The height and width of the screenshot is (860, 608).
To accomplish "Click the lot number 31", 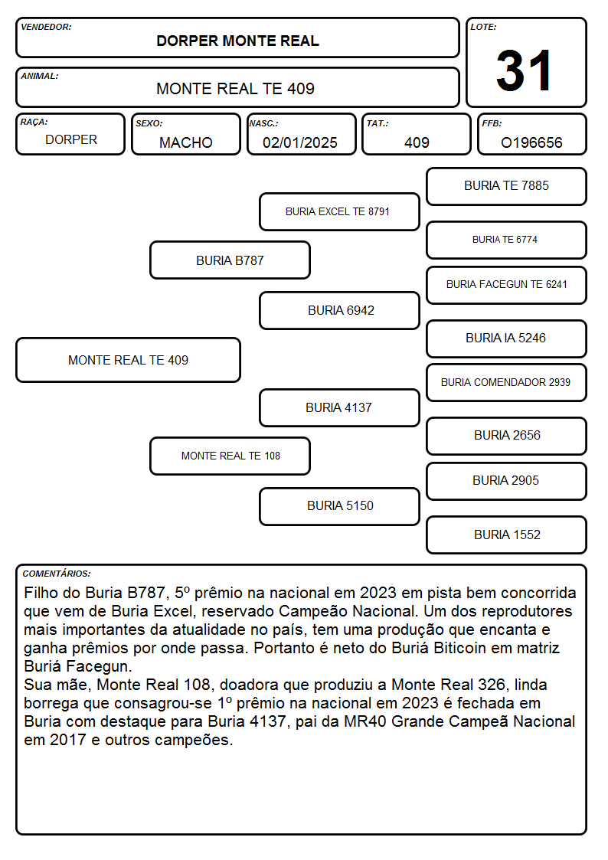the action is [x=524, y=70].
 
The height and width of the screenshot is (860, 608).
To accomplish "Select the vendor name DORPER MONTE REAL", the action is [x=237, y=41].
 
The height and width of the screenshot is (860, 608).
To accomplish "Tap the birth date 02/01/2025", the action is [x=300, y=142].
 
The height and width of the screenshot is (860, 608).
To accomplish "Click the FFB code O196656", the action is [x=531, y=142].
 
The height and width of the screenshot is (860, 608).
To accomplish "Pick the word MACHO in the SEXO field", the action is [x=186, y=142].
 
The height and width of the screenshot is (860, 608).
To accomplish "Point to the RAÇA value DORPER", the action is [x=71, y=140].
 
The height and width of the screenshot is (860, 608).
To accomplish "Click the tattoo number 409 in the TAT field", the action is [x=417, y=142].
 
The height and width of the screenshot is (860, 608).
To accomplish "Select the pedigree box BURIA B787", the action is [x=230, y=260].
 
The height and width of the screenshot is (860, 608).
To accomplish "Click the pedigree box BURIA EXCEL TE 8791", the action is [x=339, y=211].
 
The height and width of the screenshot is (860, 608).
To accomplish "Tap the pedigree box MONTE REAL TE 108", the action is [x=230, y=456].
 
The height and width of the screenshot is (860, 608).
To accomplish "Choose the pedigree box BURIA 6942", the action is [x=339, y=310].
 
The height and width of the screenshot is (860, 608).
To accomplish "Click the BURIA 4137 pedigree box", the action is [x=339, y=407].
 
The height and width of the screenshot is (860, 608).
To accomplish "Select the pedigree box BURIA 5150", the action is [x=339, y=506].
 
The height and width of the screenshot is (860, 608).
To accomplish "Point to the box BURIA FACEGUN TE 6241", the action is [x=507, y=285].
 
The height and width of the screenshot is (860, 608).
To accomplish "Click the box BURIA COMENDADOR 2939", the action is [x=507, y=382].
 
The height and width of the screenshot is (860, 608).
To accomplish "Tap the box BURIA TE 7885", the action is [x=507, y=187].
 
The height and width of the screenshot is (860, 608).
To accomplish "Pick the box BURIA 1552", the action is [x=507, y=535].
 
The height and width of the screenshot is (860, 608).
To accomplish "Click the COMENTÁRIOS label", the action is [x=57, y=574].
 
